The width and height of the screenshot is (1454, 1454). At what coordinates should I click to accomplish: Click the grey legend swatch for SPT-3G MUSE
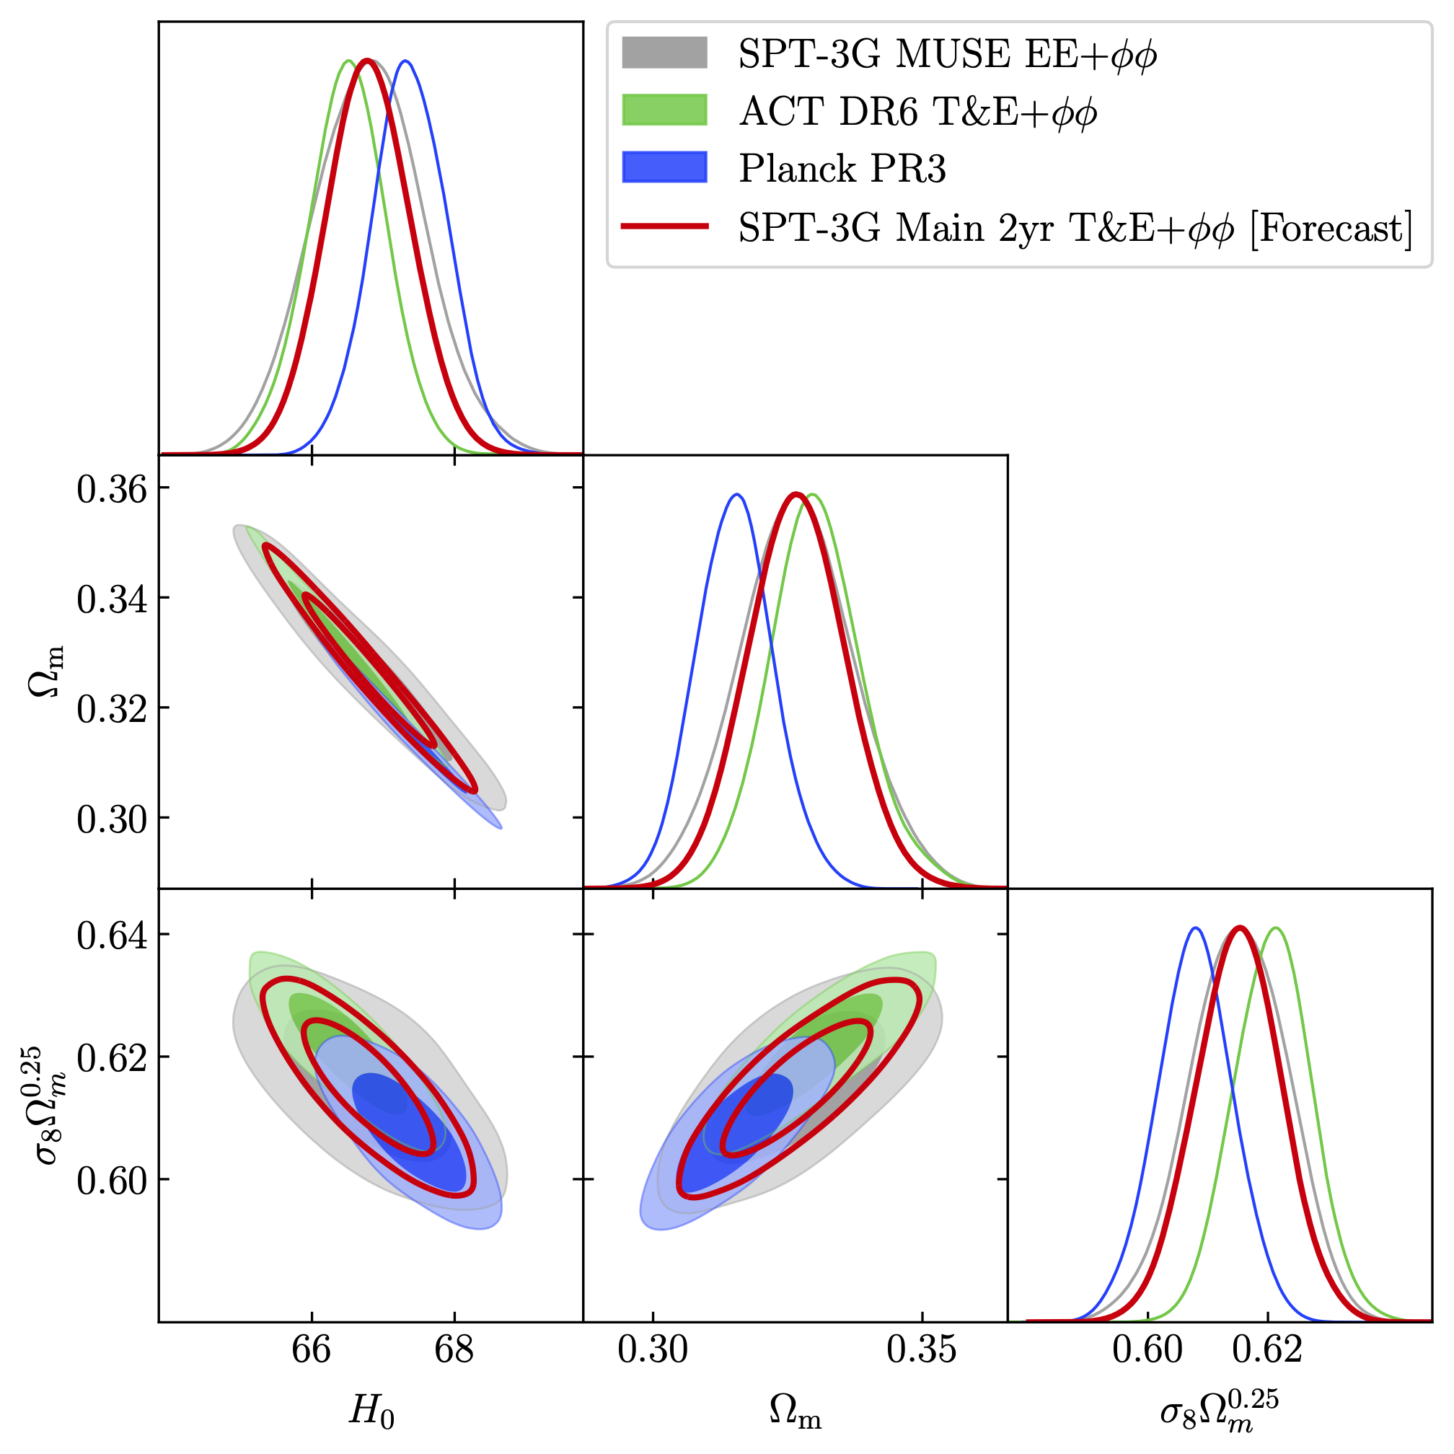[664, 53]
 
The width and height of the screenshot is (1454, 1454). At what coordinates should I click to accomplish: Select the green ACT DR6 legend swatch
[664, 110]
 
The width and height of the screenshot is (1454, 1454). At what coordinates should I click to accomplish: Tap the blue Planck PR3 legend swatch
[664, 167]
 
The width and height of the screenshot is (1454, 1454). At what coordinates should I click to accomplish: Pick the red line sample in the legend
[664, 226]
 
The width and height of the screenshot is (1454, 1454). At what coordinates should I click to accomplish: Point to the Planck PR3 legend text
[842, 169]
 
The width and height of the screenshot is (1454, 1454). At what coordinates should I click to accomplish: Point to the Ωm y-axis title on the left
[47, 671]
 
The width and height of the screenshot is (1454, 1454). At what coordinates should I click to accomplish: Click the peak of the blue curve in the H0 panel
[405, 61]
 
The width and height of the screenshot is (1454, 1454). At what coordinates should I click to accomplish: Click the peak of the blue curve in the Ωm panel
[737, 495]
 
